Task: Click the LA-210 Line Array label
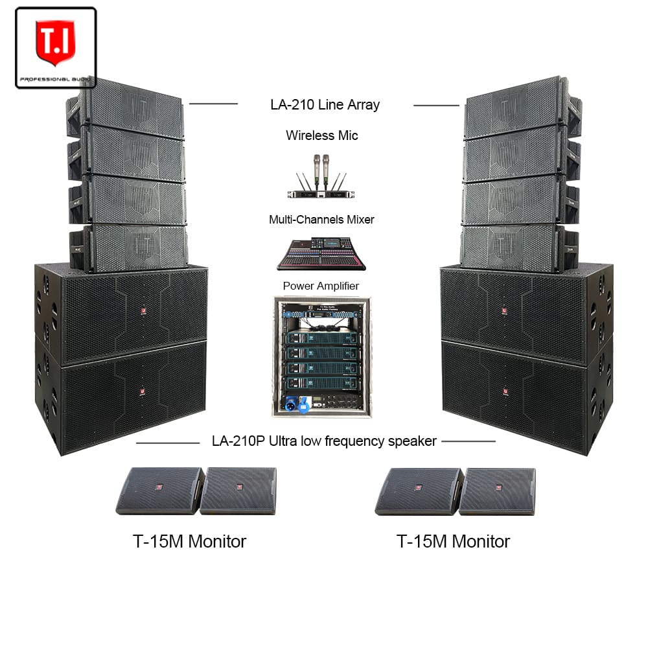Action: click(x=325, y=104)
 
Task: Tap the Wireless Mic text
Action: click(x=321, y=135)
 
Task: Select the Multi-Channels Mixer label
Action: click(x=321, y=220)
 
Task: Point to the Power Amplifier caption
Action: click(x=321, y=285)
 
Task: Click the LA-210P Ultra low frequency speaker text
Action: click(x=324, y=441)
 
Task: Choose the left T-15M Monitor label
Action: click(x=190, y=541)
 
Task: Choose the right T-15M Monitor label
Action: click(x=453, y=541)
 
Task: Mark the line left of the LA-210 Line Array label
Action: click(x=213, y=104)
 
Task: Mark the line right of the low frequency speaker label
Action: click(x=468, y=441)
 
